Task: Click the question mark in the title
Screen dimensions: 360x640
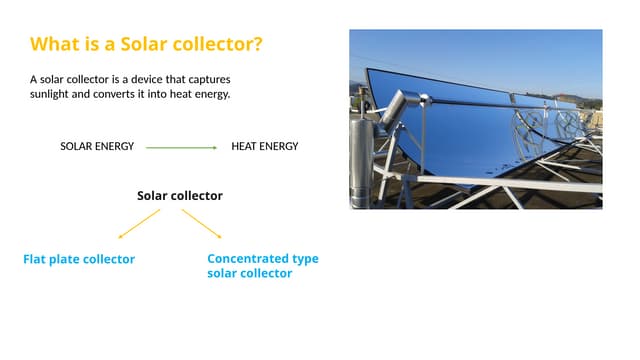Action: [x=260, y=45]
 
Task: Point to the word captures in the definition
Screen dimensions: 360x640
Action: [x=216, y=78]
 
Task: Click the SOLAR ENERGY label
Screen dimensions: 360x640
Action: [x=97, y=147]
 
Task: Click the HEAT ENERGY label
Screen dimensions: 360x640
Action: [x=264, y=147]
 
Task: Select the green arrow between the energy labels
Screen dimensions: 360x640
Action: [x=181, y=147]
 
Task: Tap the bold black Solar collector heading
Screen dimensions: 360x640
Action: [x=180, y=196]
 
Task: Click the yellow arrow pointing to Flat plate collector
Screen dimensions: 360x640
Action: [x=139, y=223]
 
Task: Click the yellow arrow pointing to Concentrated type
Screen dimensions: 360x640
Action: [x=202, y=223]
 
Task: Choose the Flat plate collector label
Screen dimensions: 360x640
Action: [x=79, y=260]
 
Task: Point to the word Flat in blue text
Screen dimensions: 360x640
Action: [x=36, y=260]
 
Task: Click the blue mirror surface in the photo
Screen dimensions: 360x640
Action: [x=440, y=130]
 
